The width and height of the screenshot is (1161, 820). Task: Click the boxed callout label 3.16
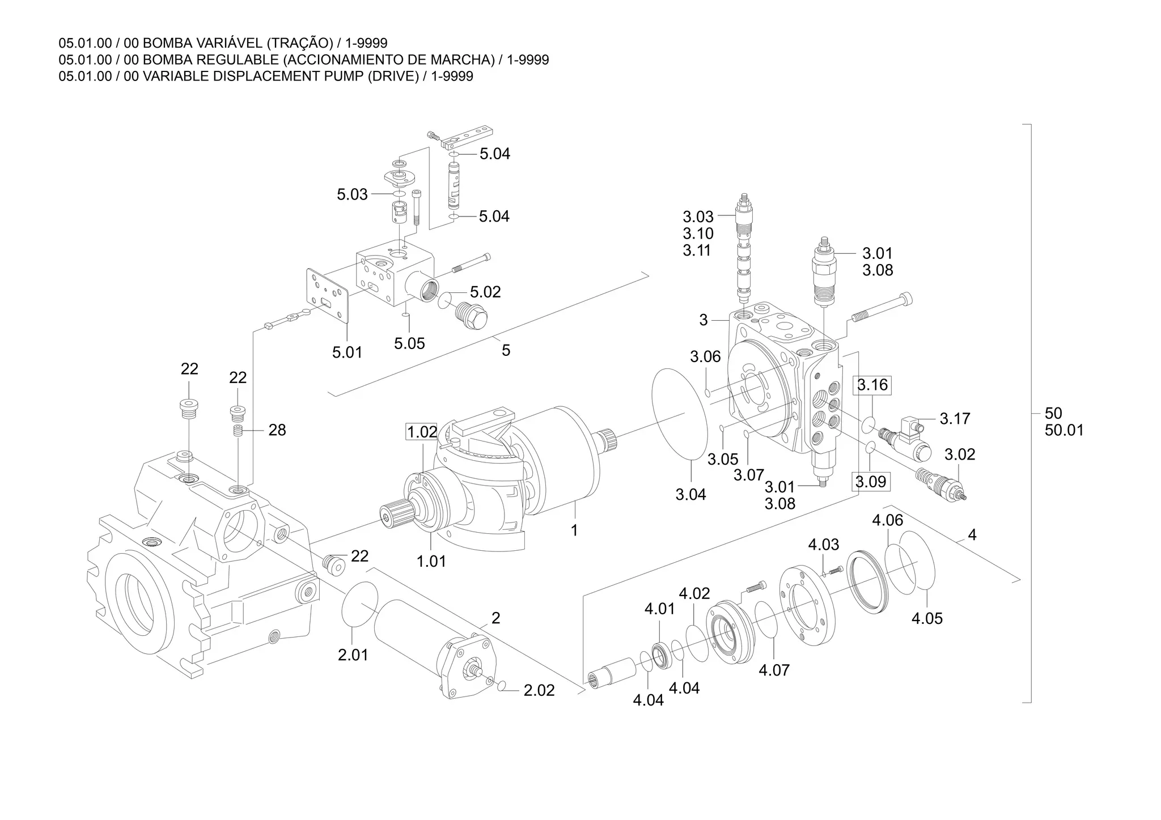872,385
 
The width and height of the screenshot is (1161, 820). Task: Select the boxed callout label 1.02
422,432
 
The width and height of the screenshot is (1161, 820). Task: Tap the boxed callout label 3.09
870,482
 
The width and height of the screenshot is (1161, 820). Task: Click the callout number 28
277,430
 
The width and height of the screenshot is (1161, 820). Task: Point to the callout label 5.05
409,343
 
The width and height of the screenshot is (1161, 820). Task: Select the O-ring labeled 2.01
360,604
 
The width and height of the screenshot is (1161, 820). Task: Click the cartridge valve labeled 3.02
941,483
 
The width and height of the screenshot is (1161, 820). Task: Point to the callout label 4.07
774,670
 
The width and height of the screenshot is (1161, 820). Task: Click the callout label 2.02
539,690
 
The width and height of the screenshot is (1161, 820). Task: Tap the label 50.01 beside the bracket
1064,430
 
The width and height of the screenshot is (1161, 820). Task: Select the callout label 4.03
823,545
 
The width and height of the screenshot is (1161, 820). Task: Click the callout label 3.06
705,356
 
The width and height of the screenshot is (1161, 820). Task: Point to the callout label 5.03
352,194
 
